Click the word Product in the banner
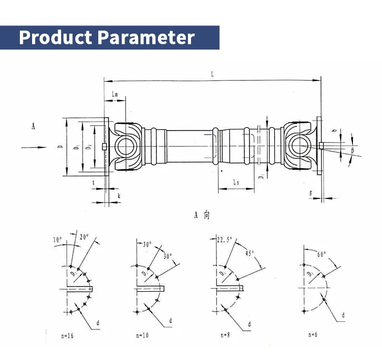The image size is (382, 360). click(56, 38)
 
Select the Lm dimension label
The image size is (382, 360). click(115, 94)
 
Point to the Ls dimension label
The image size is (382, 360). click(236, 182)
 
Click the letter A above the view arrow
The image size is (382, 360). click(33, 126)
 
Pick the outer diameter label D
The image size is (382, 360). click(60, 147)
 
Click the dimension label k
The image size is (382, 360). click(119, 195)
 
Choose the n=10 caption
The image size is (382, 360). click(143, 336)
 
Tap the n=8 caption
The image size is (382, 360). click(226, 335)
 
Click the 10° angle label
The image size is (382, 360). click(57, 240)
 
